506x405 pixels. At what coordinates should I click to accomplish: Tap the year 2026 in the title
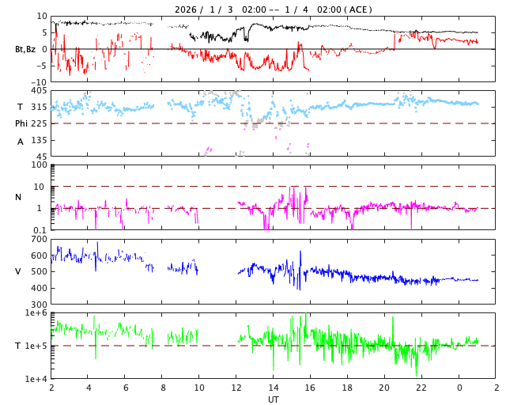click(x=187, y=9)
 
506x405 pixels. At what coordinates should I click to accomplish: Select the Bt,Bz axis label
click(x=25, y=49)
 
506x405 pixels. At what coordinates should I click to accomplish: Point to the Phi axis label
click(x=22, y=123)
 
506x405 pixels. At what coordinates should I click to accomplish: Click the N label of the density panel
click(x=18, y=197)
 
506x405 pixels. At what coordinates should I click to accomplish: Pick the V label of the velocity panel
click(x=18, y=271)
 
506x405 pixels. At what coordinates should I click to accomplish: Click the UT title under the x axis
click(x=274, y=399)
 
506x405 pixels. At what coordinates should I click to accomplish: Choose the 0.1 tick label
click(x=40, y=230)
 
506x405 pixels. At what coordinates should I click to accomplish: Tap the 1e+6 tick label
click(x=36, y=313)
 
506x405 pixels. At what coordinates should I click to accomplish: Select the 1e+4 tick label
click(x=36, y=379)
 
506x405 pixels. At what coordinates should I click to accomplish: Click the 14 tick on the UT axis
click(x=274, y=388)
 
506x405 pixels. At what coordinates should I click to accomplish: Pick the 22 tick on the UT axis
click(x=422, y=388)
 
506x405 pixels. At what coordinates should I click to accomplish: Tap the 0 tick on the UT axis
click(x=459, y=388)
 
